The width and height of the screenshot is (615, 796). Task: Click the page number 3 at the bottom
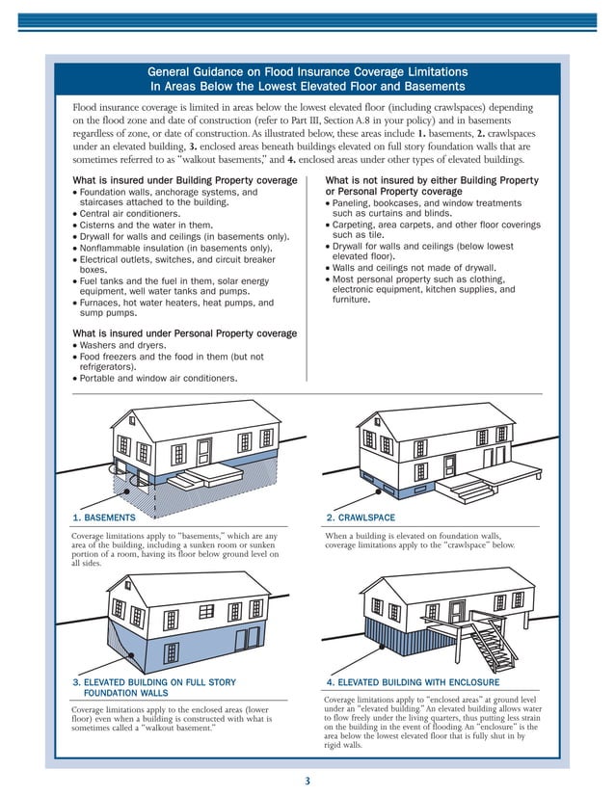click(307, 782)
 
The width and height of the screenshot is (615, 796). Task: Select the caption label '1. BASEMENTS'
click(104, 517)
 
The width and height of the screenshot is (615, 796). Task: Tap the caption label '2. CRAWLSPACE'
click(361, 517)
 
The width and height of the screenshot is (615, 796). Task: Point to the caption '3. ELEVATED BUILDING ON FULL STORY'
click(154, 682)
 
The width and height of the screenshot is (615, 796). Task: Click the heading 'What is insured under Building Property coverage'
click(185, 180)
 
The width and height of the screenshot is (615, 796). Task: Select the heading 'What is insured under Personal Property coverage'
click(185, 333)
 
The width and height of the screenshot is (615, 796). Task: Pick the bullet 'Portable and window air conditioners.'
click(158, 379)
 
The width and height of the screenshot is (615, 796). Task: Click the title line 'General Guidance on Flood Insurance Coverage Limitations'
click(307, 72)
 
